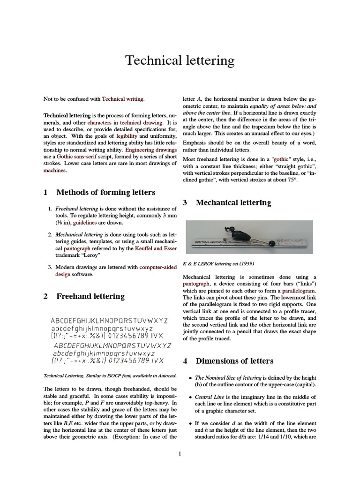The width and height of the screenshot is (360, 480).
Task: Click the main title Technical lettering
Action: pyautogui.click(x=180, y=60)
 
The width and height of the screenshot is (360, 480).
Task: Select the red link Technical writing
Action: pyautogui.click(x=123, y=99)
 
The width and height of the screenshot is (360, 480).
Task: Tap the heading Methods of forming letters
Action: pyautogui.click(x=105, y=192)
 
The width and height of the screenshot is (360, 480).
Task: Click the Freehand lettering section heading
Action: pyautogui.click(x=90, y=296)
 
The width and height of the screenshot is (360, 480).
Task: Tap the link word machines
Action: pyautogui.click(x=55, y=171)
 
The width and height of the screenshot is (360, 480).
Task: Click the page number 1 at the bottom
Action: pyautogui.click(x=180, y=453)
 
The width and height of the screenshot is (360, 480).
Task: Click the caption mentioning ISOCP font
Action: pyautogui.click(x=110, y=375)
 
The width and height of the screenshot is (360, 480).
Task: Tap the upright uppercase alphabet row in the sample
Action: pyautogui.click(x=109, y=321)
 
